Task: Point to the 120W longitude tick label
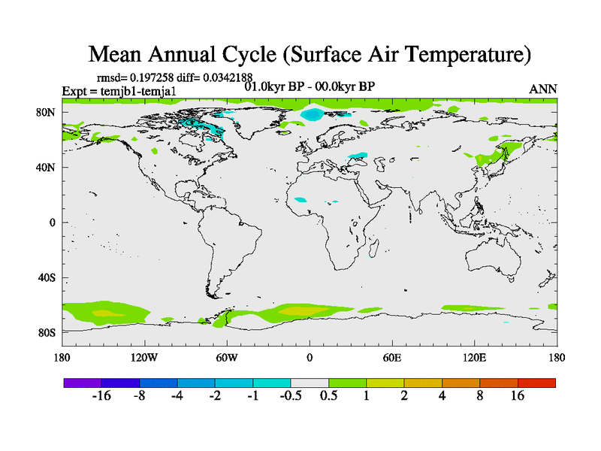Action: pyautogui.click(x=144, y=357)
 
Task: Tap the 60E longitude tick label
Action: pyautogui.click(x=392, y=357)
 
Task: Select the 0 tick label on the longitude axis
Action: pyautogui.click(x=310, y=357)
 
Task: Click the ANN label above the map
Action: pyautogui.click(x=543, y=89)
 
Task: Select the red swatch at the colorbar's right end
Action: pyautogui.click(x=536, y=383)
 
